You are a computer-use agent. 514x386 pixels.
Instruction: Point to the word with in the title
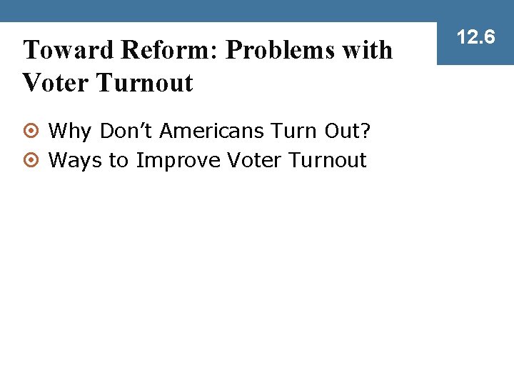[x=369, y=50]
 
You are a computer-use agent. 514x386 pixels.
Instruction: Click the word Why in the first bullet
[x=70, y=132]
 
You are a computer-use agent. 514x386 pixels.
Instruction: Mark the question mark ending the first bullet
[x=365, y=132]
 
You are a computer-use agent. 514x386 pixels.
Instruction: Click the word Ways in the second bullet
[x=75, y=160]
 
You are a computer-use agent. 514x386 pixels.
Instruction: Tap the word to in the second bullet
[x=118, y=160]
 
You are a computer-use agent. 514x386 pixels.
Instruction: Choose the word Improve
[x=178, y=160]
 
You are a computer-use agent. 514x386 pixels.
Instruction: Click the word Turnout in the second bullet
[x=327, y=160]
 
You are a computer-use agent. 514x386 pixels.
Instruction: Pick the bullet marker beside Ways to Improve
[x=31, y=161]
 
